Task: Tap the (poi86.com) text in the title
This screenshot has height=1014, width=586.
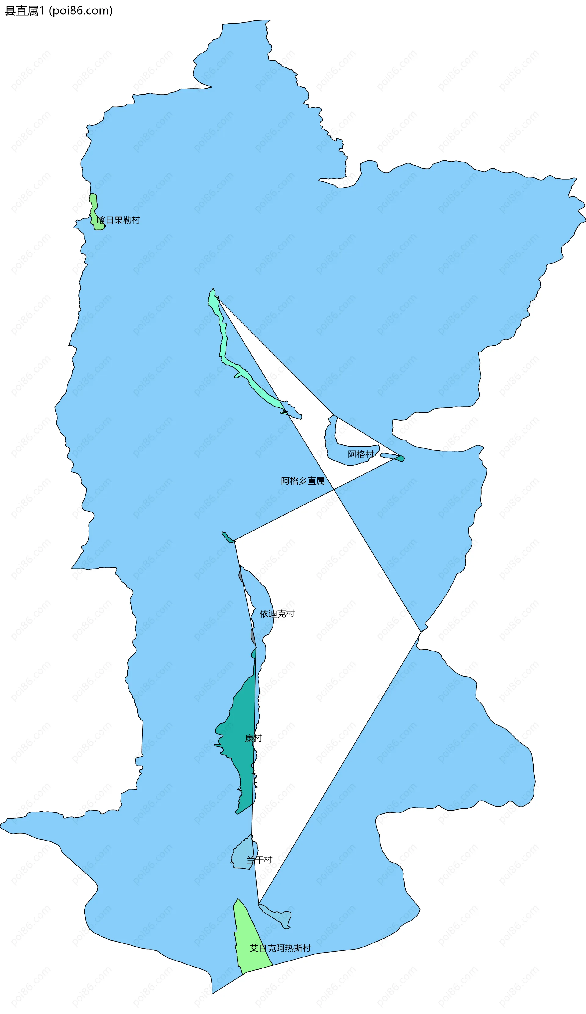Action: (81, 11)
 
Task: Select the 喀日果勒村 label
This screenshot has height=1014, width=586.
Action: (119, 220)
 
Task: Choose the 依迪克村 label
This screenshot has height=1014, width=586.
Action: (277, 614)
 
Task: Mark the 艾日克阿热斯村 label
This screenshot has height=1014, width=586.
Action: (280, 948)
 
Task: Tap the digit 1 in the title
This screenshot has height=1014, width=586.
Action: (42, 11)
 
